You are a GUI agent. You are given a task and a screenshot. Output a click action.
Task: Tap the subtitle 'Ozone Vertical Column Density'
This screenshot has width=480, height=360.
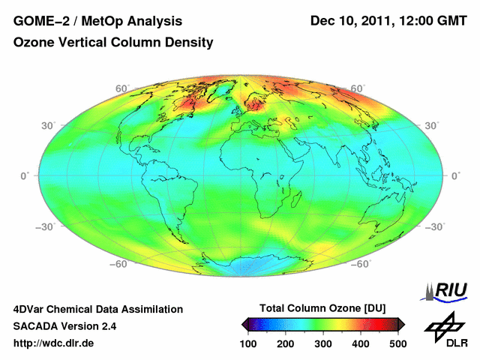(113, 43)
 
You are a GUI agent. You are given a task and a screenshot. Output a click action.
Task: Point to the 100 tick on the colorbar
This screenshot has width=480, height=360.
(248, 343)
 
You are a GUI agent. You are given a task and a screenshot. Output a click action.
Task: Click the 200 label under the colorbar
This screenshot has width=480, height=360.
(286, 343)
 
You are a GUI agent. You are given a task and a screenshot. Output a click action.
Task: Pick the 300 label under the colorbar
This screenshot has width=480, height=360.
(323, 343)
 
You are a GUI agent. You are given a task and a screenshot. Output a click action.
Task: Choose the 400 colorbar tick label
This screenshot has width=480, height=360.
(361, 343)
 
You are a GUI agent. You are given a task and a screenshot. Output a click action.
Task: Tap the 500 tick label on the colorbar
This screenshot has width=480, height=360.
(397, 343)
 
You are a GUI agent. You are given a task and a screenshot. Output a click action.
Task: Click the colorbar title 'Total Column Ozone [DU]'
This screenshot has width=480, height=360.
(322, 308)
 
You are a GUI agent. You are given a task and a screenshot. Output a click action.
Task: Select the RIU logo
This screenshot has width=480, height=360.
(447, 290)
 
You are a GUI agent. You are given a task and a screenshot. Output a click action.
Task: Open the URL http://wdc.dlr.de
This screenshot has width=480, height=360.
(54, 343)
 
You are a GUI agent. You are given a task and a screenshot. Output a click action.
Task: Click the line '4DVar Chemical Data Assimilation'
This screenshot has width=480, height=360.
(98, 309)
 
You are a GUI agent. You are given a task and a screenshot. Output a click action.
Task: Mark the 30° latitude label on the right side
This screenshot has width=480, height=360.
(433, 125)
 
